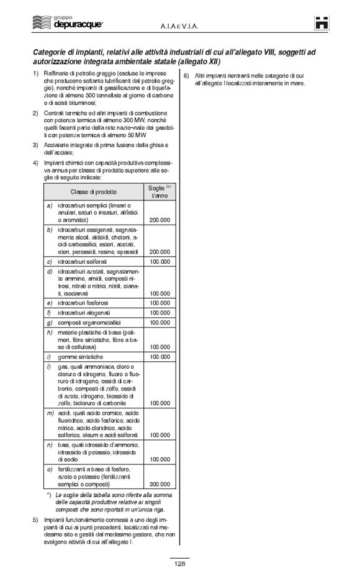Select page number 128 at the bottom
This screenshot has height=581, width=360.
[179, 564]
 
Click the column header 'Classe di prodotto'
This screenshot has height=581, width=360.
[93, 191]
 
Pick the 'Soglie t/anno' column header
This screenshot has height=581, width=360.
[160, 191]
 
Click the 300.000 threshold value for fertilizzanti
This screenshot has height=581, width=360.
[161, 484]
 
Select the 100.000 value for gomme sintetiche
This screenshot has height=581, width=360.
[161, 358]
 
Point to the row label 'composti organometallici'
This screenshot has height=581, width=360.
[88, 323]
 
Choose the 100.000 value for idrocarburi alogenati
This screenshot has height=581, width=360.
[161, 313]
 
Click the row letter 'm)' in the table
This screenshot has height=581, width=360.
[50, 413]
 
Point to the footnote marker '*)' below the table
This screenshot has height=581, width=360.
[49, 495]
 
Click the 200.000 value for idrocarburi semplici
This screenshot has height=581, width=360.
[161, 220]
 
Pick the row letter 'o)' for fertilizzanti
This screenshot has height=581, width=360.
[49, 470]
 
